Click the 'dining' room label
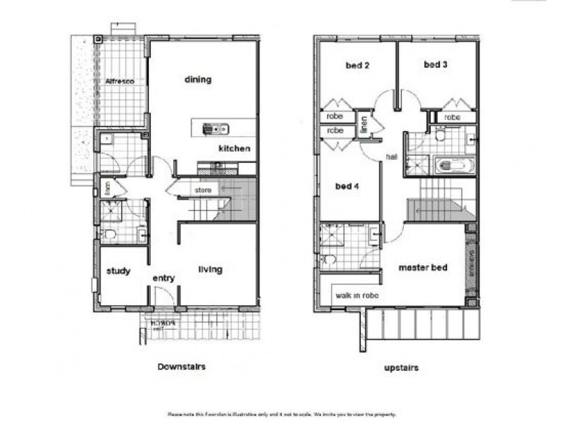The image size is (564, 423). click(x=198, y=80)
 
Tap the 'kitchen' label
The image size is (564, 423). click(x=234, y=149)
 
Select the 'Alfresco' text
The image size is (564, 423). click(x=119, y=82)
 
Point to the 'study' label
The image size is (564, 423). click(x=118, y=271)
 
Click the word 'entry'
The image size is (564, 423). click(x=164, y=278)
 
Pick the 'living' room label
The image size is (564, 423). click(x=210, y=269)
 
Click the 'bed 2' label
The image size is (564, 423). click(x=357, y=66)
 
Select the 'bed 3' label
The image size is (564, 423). click(x=436, y=65)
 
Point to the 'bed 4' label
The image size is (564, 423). click(x=348, y=187)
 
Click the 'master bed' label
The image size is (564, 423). click(x=422, y=268)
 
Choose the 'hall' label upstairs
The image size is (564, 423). click(x=393, y=157)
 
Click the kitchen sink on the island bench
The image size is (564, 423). click(x=212, y=128)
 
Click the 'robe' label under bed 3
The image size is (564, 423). click(x=452, y=117)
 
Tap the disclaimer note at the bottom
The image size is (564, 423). click(x=281, y=414)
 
